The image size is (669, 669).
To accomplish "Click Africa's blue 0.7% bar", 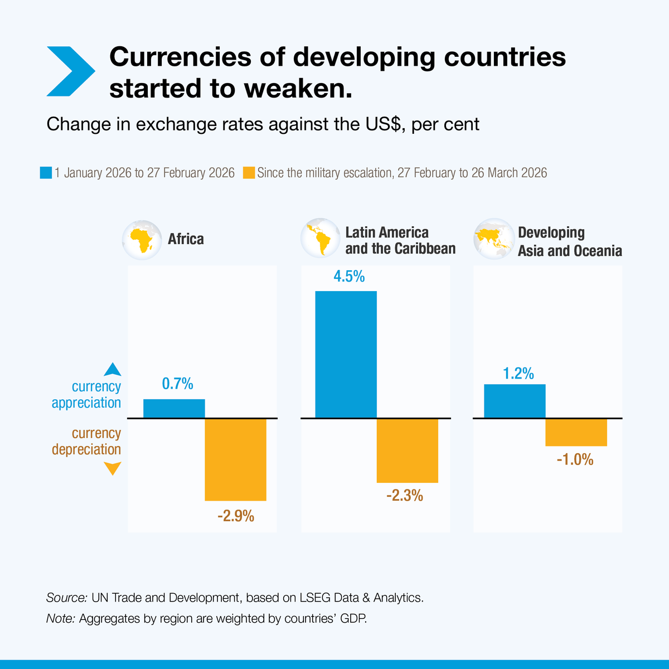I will click(x=174, y=408).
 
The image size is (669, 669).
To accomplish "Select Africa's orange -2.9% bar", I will click(x=235, y=459).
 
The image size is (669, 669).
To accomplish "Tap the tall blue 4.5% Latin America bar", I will click(x=346, y=354).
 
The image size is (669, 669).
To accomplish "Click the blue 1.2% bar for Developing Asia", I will click(x=515, y=401).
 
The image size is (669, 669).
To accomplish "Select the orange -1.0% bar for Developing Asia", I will click(x=576, y=432).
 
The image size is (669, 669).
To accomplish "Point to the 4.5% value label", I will click(x=349, y=277).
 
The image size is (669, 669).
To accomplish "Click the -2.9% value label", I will click(x=236, y=516).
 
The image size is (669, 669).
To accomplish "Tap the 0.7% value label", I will click(x=177, y=384).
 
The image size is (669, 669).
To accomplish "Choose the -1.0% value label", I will click(x=575, y=460).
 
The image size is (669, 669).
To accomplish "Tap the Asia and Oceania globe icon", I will click(x=493, y=239).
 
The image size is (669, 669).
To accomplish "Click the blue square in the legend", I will click(x=46, y=173).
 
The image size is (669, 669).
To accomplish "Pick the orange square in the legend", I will click(x=249, y=173).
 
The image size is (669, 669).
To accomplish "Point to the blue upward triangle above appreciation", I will click(x=113, y=369).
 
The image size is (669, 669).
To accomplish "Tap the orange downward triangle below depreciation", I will click(x=113, y=469).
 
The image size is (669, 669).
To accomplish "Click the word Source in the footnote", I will click(x=66, y=598).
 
